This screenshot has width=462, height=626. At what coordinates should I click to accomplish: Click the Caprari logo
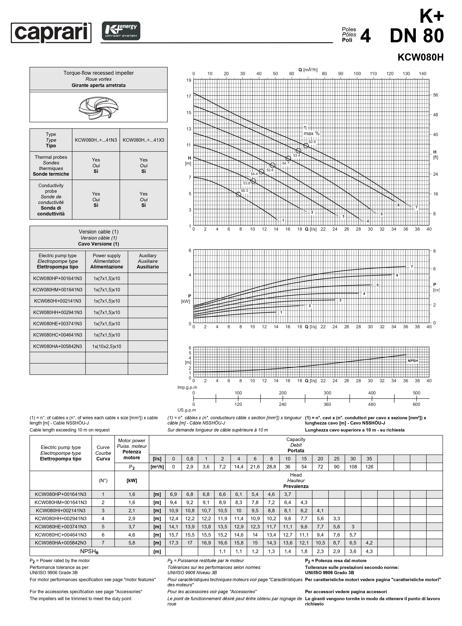(51, 33)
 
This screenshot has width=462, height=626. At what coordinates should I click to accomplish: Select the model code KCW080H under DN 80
(420, 57)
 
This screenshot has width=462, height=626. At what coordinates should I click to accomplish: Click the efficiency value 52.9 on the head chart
(312, 142)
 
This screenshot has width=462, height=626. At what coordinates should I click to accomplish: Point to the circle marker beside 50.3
(238, 194)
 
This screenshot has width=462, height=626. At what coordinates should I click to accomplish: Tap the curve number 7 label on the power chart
(412, 267)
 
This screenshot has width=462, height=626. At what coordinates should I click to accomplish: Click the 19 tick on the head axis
(189, 80)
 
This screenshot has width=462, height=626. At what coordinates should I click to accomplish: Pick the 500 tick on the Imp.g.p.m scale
(416, 393)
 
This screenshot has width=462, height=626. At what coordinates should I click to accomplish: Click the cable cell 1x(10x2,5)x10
(107, 346)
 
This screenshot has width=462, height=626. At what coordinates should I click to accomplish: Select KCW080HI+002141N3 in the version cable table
(58, 301)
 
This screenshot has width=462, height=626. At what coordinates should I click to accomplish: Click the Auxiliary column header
(148, 261)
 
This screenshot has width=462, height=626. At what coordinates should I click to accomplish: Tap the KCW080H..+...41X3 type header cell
(144, 140)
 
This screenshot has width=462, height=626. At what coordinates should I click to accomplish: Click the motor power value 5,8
(132, 543)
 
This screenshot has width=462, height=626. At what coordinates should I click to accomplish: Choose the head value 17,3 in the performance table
(173, 543)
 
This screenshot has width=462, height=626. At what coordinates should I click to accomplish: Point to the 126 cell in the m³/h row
(369, 467)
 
